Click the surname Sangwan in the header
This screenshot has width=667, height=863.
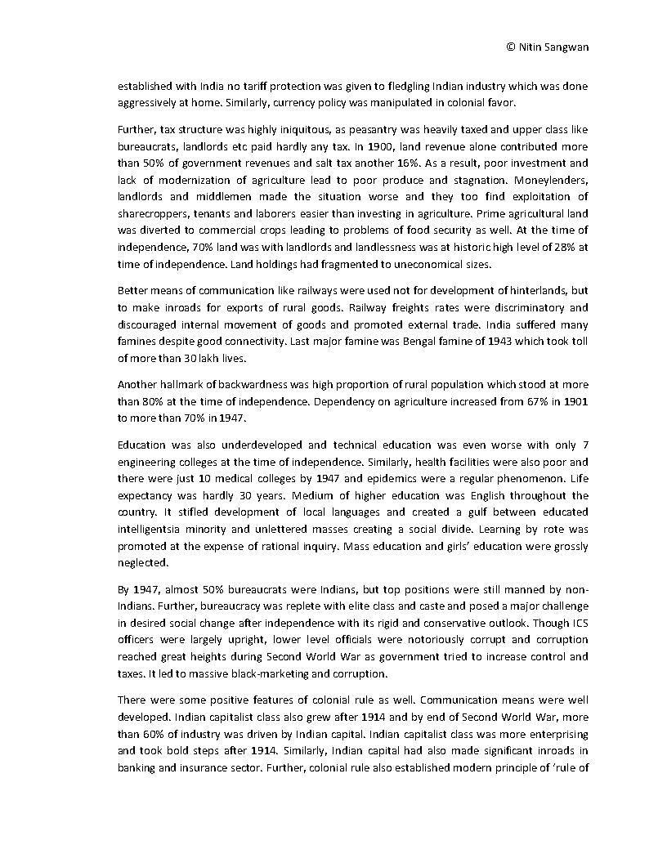pyautogui.click(x=564, y=47)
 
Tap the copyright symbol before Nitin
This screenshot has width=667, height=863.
pyautogui.click(x=511, y=47)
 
